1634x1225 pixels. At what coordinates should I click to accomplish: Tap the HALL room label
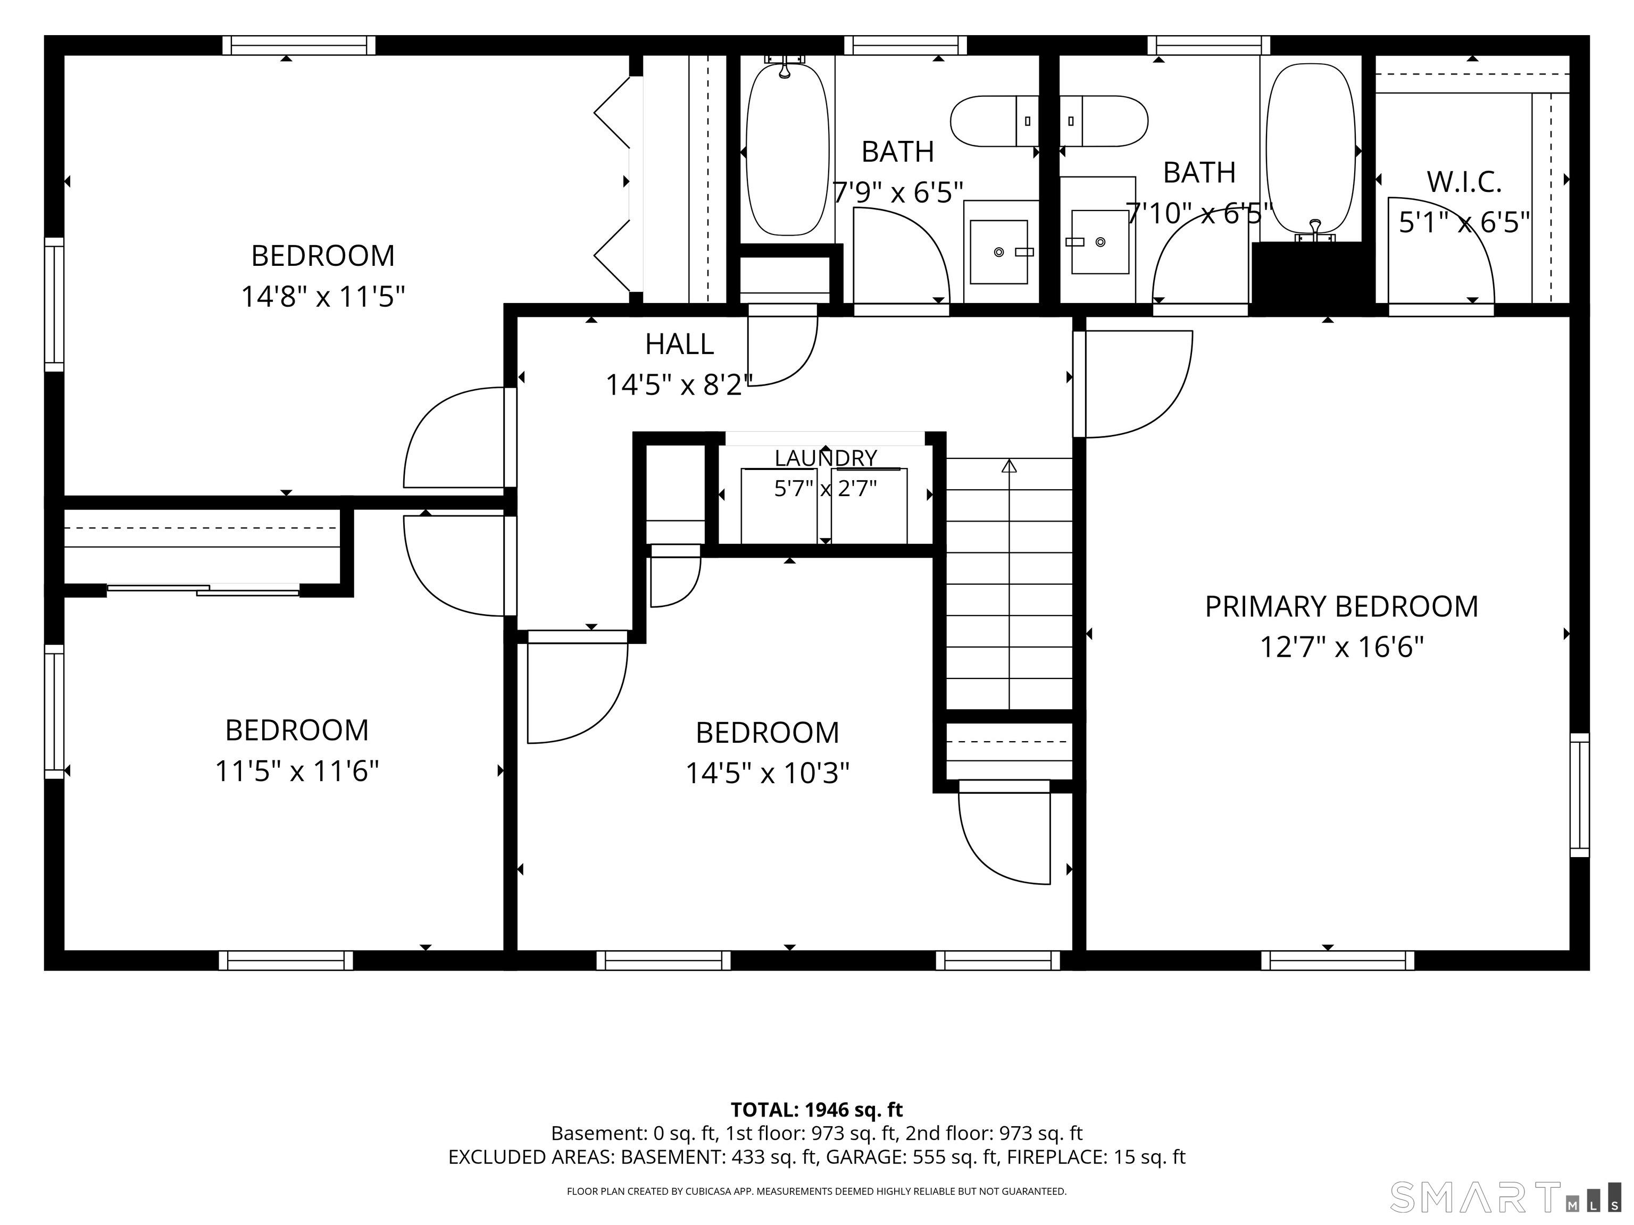click(679, 344)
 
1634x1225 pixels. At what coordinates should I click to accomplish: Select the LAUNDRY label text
click(825, 458)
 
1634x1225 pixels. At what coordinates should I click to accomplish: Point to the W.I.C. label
click(1463, 182)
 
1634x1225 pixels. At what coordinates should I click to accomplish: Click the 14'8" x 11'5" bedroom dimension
click(323, 297)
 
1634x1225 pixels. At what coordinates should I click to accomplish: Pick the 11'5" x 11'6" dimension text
click(296, 771)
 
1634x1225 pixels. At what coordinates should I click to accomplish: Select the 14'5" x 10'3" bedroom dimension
click(768, 774)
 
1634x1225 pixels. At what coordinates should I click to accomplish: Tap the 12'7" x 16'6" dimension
click(1341, 648)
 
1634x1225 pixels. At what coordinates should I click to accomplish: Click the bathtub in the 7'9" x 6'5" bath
click(787, 149)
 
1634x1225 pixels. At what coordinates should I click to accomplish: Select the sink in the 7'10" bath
click(1100, 241)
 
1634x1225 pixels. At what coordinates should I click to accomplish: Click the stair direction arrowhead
click(1009, 466)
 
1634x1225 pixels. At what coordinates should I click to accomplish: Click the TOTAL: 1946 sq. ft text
click(816, 1110)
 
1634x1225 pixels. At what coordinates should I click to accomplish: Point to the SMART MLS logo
click(1505, 1197)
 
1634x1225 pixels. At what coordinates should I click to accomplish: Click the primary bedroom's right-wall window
click(1579, 795)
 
